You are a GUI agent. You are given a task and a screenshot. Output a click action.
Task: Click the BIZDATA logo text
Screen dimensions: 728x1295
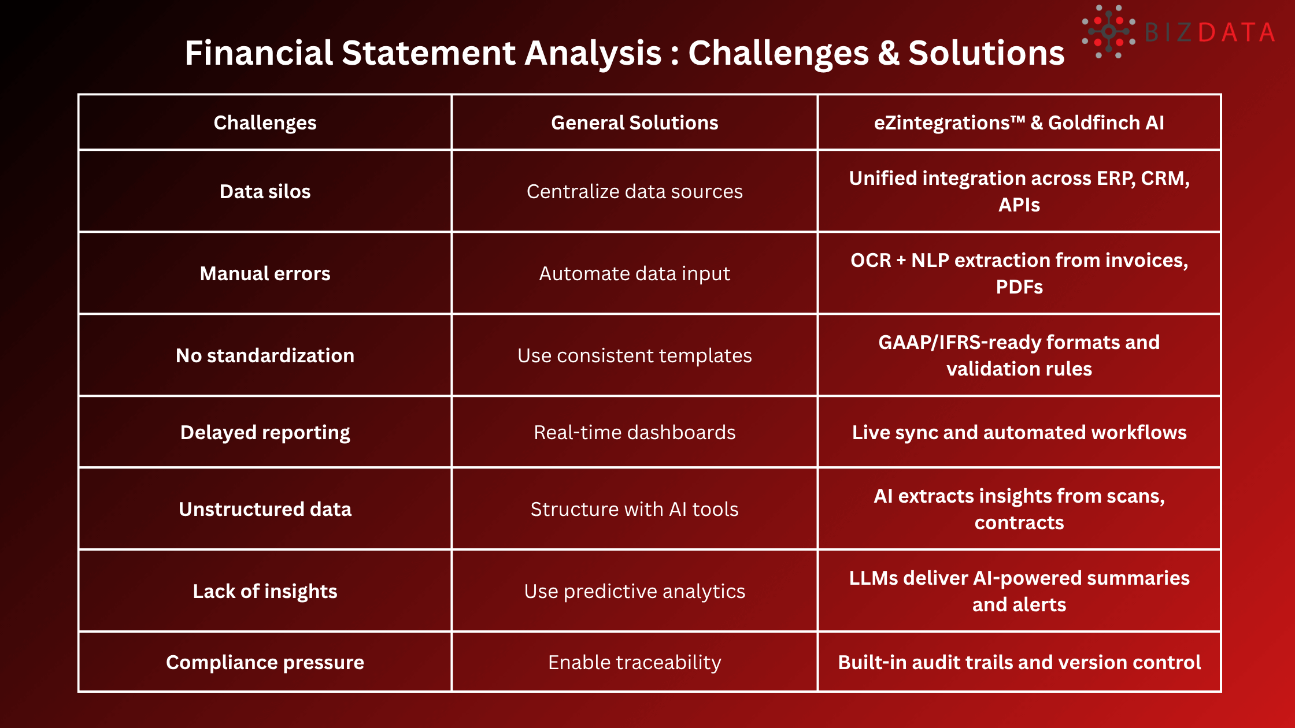tap(1209, 32)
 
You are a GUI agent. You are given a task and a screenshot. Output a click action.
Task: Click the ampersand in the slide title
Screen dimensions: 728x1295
tap(888, 53)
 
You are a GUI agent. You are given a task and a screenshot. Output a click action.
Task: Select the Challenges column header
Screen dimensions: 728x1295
tap(265, 122)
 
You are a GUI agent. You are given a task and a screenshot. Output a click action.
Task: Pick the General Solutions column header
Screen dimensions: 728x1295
tap(634, 122)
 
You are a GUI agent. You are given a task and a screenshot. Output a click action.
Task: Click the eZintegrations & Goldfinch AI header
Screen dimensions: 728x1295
tap(1019, 122)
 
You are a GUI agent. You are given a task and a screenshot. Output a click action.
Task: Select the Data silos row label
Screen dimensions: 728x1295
tap(265, 191)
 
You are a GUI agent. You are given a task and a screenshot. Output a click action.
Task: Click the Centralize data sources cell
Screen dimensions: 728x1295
tap(634, 191)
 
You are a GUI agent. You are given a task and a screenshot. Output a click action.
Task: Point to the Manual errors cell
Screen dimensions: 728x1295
tap(265, 273)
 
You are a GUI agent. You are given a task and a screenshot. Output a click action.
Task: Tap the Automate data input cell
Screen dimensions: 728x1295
tap(634, 273)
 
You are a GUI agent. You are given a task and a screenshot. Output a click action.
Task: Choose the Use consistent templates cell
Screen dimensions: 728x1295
tap(634, 355)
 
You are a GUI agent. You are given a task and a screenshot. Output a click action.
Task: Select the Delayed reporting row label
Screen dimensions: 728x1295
tap(265, 432)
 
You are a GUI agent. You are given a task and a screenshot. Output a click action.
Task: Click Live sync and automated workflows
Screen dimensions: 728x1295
tap(1019, 432)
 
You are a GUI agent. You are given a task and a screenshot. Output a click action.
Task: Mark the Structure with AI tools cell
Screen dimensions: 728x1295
tap(634, 509)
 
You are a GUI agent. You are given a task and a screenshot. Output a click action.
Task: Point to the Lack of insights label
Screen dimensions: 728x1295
tap(265, 591)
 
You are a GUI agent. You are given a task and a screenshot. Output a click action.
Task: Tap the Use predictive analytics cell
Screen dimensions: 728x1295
tap(634, 591)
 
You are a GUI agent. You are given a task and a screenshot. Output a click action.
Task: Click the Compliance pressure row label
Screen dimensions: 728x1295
tap(265, 662)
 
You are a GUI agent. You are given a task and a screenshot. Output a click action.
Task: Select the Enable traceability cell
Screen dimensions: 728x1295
tap(634, 662)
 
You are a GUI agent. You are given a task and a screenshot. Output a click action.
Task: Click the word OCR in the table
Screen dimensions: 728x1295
tap(871, 261)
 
